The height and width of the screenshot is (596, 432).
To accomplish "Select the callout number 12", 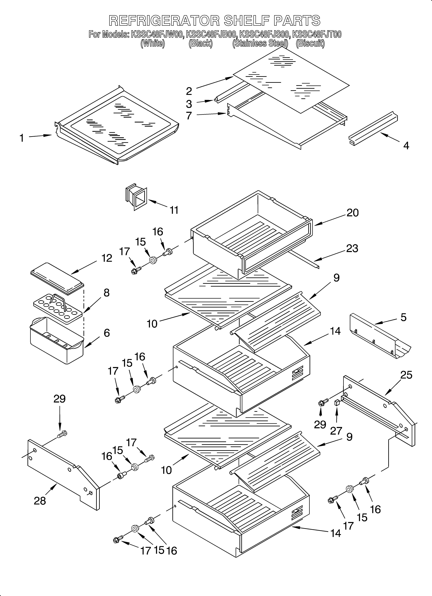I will click(107, 258).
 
